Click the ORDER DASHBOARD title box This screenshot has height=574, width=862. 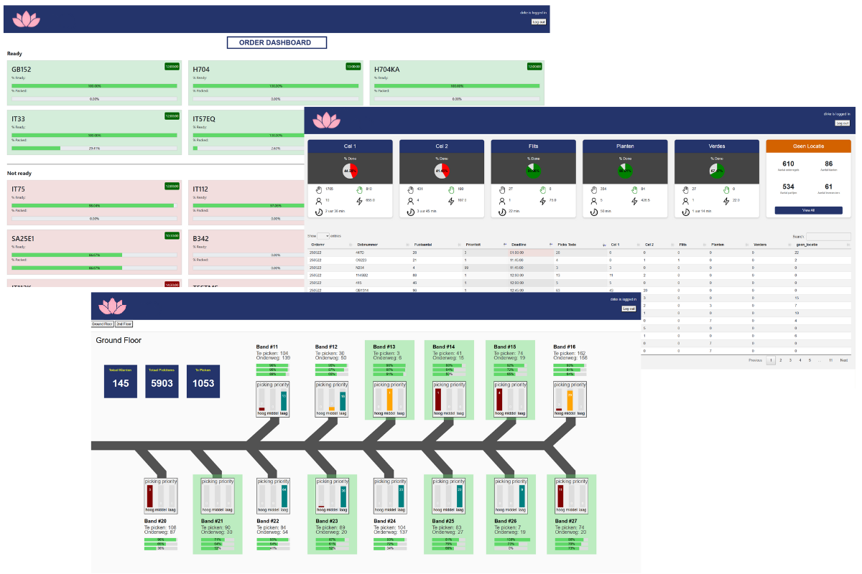[277, 43]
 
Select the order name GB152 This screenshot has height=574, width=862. [22, 70]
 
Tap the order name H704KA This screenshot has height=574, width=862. [386, 70]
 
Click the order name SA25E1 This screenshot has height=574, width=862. [24, 237]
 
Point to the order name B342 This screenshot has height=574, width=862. [201, 237]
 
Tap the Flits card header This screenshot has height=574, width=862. [533, 146]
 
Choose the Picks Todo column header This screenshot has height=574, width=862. [567, 245]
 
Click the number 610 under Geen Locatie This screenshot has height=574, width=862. [788, 164]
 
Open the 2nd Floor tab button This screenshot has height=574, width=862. [124, 324]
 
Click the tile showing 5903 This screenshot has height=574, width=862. [162, 383]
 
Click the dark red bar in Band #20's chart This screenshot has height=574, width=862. [149, 496]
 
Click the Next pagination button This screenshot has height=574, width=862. [844, 360]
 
